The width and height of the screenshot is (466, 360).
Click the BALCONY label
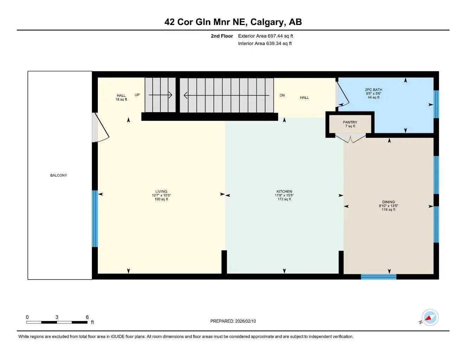pos(58,175)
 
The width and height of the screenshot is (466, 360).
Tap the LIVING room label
pos(161,192)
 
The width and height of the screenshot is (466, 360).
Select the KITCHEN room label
pos(284,192)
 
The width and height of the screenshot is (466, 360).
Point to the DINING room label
pos(389,202)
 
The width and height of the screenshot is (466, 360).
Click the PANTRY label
pos(350,122)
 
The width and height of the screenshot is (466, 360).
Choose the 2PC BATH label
pos(374,90)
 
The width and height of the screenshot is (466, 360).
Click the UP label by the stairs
pos(137,95)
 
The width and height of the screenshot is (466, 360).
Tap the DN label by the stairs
pos(282,95)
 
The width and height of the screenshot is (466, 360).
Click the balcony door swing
pos(101,128)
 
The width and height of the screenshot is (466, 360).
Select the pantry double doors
pos(350,139)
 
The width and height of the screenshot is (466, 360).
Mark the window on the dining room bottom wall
pos(378,277)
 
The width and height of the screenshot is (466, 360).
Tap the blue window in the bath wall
pos(436,104)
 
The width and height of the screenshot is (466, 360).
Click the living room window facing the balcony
pos(95,219)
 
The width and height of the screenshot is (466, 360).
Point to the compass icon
pos(430,318)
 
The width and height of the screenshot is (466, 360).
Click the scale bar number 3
pos(57,317)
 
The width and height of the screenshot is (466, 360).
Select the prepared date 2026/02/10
pos(233,321)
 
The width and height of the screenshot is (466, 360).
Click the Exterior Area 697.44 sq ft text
pos(266,36)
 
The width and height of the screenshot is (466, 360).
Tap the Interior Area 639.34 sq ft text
pos(265,44)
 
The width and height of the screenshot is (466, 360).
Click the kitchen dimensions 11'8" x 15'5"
pos(284,195)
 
